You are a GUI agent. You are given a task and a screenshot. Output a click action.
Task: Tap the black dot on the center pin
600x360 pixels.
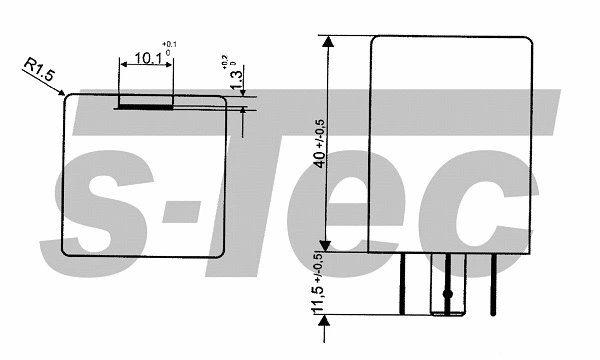click(449, 293)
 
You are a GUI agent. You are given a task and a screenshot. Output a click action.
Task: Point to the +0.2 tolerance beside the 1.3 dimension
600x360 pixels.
click(230, 63)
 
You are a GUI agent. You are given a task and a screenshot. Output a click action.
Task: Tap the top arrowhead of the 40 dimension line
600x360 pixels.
click(325, 41)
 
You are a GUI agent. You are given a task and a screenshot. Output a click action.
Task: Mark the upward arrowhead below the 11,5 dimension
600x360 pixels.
click(325, 309)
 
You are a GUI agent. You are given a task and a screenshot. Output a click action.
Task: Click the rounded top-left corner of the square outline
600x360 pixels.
click(68, 99)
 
